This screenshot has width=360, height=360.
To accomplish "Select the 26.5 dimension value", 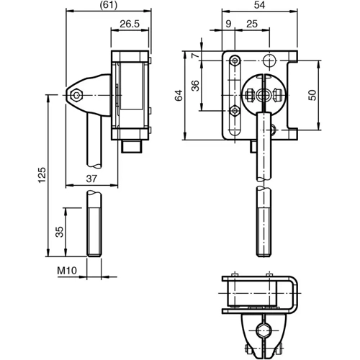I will pos(130,24).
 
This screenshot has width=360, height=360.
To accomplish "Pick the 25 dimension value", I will pos(251,24).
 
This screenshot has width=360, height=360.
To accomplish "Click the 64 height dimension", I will pos(179,95).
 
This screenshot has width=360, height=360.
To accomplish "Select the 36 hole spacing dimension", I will pos(194,86).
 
